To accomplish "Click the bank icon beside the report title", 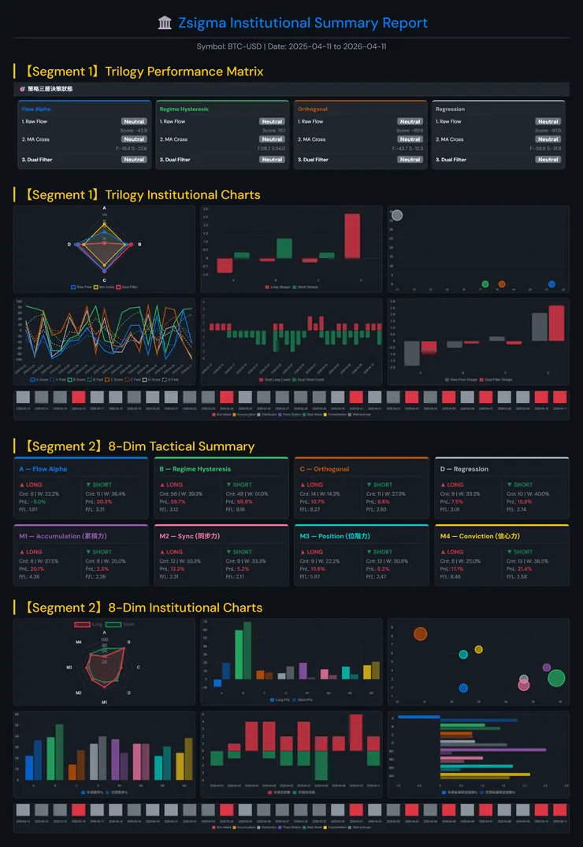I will coord(165,23).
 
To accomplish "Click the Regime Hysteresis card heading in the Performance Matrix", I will coord(184,109).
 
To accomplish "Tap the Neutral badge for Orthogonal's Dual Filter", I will coord(410,160).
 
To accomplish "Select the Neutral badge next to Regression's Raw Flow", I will coord(548,122).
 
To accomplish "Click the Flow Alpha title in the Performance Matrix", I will coord(37,109).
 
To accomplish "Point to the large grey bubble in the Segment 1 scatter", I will coord(397,216).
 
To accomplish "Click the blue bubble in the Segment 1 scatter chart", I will coord(551,283).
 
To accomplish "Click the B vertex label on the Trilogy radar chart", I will coord(139,245).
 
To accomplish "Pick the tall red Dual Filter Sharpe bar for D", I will coord(556,323).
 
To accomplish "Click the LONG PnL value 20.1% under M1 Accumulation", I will coord(37,569).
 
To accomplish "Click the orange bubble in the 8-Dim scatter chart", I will coord(420,634).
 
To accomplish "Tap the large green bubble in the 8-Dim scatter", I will coord(556,678).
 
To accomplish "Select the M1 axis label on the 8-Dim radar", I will coord(104,701).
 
